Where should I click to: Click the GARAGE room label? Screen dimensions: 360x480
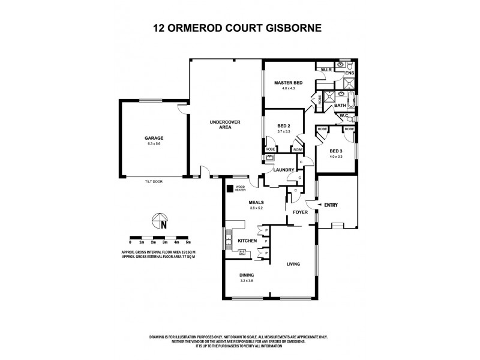[x=154, y=138]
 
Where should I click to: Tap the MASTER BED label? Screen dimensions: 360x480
[x=288, y=82]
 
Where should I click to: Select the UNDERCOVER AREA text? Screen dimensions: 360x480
[x=225, y=125]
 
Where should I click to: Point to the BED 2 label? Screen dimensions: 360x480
[x=284, y=125]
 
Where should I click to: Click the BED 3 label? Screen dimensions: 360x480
[x=337, y=151]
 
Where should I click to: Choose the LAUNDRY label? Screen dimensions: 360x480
[x=283, y=170]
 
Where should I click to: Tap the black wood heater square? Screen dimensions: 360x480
[x=230, y=188]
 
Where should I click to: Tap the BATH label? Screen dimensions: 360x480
[x=340, y=105]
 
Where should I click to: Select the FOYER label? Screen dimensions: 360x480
[x=300, y=212]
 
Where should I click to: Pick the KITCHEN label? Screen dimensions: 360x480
[x=247, y=241]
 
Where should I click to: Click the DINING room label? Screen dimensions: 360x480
[x=247, y=275]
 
